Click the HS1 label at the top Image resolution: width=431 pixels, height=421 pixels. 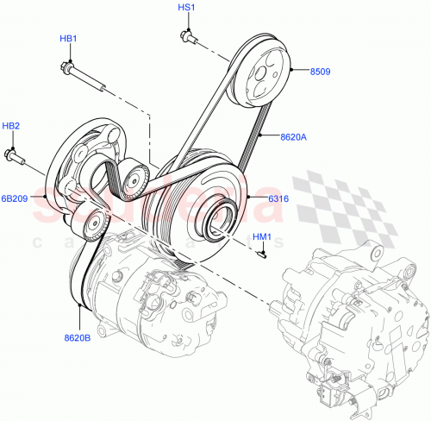point(187,8)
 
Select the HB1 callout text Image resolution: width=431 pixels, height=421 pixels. point(69,39)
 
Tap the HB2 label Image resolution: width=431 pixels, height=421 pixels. point(10,127)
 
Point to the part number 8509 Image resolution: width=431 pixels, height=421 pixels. point(321,72)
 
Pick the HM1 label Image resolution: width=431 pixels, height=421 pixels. point(262,237)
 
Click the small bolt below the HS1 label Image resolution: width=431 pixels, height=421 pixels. point(187,35)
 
